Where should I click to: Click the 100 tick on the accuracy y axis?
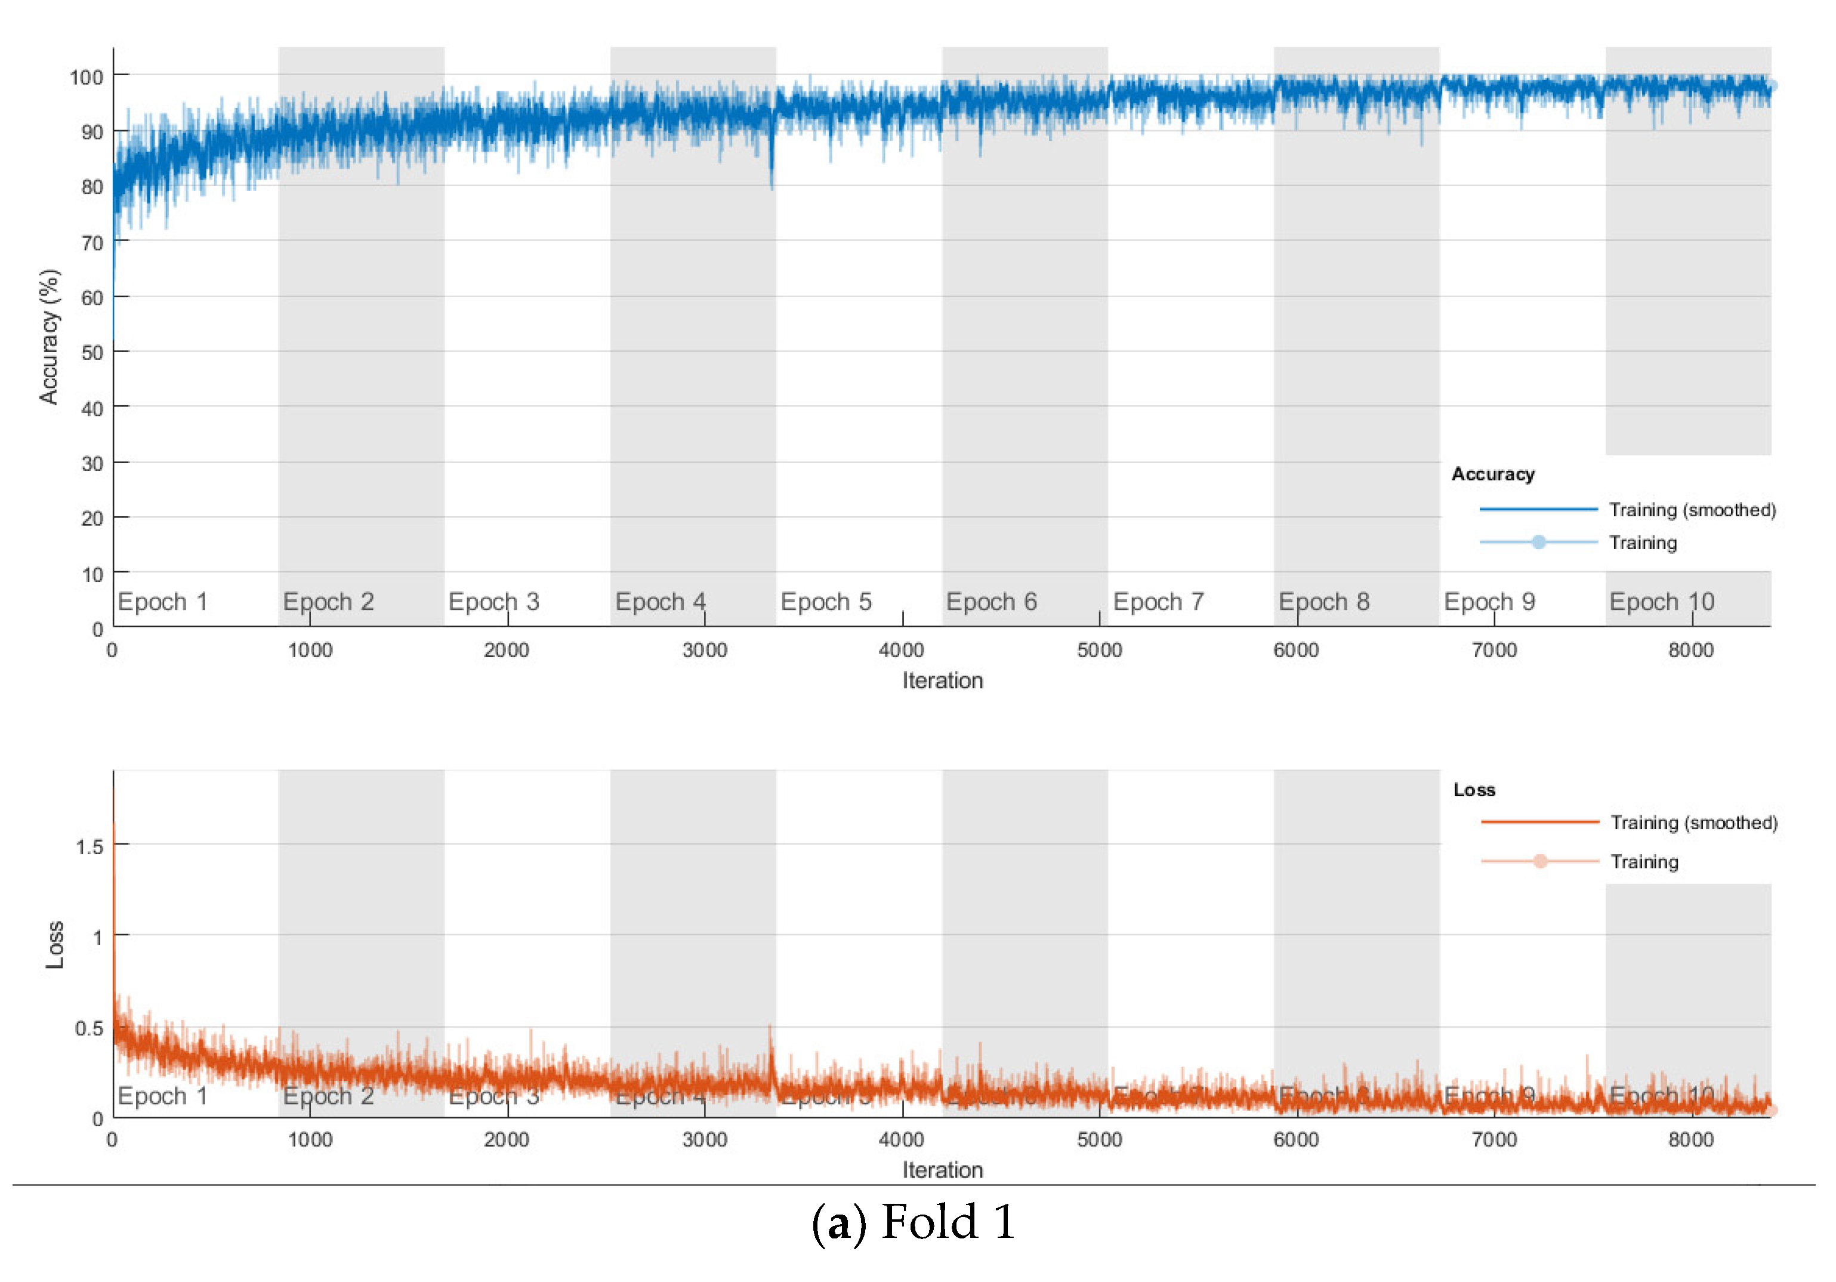click(87, 78)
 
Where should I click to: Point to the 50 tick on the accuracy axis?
click(92, 353)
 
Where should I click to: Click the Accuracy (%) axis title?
click(50, 337)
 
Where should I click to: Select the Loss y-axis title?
click(54, 945)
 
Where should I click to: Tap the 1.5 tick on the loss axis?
click(89, 846)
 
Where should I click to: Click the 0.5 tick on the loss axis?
click(89, 1028)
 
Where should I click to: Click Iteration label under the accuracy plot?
click(942, 680)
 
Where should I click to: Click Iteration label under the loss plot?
click(942, 1170)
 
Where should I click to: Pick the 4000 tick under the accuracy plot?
click(901, 650)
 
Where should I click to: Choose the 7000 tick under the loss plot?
click(1494, 1139)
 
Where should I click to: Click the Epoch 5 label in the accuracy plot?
click(826, 602)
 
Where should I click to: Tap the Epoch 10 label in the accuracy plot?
click(1661, 602)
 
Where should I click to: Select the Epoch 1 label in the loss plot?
click(162, 1096)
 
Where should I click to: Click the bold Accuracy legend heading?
click(1492, 474)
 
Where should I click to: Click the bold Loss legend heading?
click(1474, 790)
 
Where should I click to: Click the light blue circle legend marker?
click(1538, 543)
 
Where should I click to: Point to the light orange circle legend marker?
click(1539, 861)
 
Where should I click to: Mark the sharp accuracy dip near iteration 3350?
click(771, 180)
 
